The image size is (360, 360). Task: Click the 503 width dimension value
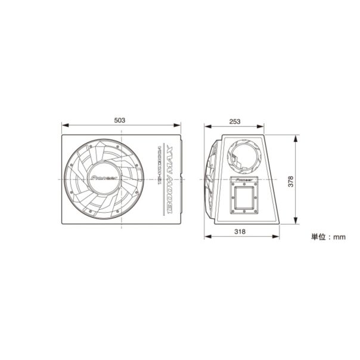(x=120, y=120)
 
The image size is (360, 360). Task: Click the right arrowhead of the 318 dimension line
(x=277, y=237)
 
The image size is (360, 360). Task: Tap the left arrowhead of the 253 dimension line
(x=207, y=127)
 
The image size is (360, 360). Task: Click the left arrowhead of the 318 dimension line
(x=207, y=237)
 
